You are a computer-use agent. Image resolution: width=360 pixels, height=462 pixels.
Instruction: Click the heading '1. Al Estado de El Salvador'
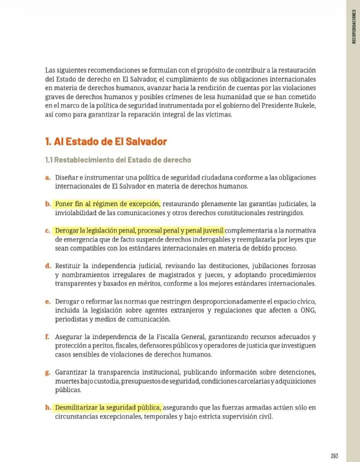click(105, 141)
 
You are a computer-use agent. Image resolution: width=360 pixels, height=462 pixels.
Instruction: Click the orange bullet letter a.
click(47, 177)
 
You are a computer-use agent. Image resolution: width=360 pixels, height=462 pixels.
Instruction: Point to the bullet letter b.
click(48, 204)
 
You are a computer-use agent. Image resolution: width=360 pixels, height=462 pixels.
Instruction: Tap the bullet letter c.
click(47, 230)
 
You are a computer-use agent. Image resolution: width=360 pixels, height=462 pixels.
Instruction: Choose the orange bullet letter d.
click(48, 265)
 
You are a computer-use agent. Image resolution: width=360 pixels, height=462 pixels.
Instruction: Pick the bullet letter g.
click(47, 372)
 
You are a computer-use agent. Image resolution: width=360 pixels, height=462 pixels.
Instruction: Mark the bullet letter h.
click(48, 407)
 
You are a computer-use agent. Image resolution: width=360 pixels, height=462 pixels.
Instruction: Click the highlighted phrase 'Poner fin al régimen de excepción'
click(108, 204)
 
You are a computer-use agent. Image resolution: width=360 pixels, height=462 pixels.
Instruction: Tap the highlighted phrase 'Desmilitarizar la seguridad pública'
click(108, 407)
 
